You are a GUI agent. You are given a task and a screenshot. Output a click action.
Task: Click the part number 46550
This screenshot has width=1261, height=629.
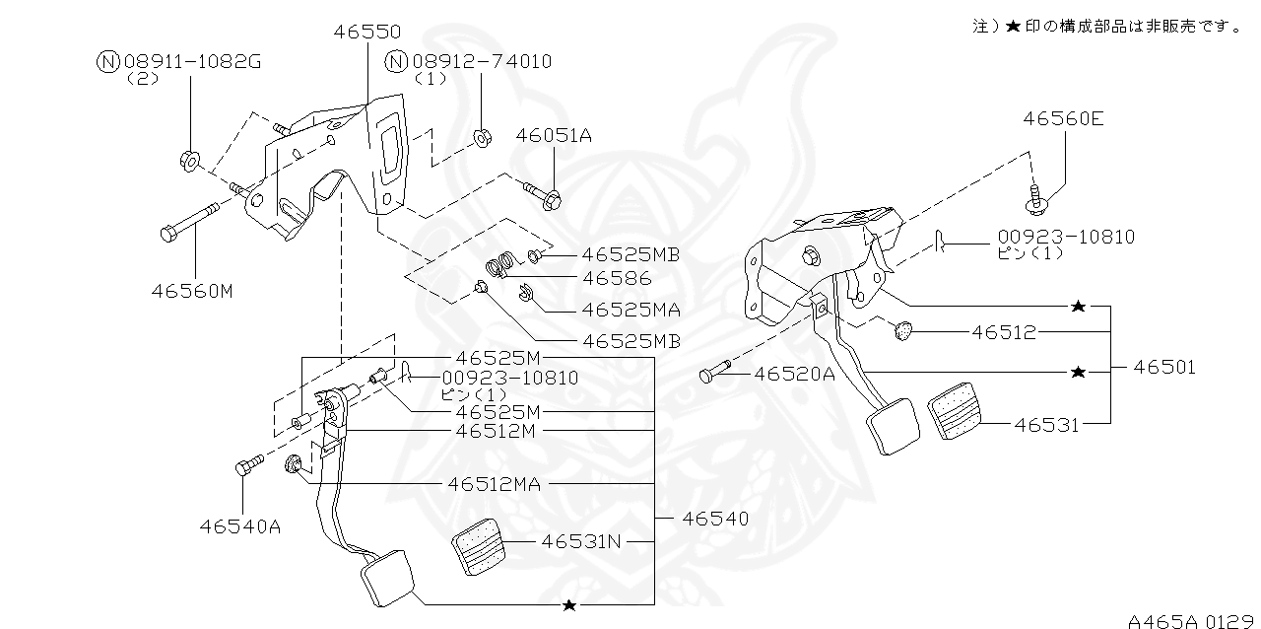(366, 33)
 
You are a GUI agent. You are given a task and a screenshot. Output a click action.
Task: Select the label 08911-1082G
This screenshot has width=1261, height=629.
(191, 62)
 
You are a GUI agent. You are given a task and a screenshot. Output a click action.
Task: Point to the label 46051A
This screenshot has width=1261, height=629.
(553, 136)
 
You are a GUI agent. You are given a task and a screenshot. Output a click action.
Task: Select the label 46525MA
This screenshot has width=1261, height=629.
(630, 310)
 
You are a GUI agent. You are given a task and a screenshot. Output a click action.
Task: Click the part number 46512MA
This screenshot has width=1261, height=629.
(494, 484)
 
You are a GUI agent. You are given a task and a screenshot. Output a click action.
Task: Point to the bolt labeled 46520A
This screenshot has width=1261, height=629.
(714, 374)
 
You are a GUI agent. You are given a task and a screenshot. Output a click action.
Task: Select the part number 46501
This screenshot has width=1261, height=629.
(1163, 368)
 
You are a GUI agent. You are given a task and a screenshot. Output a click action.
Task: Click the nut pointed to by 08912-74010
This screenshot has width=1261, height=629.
(482, 138)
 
